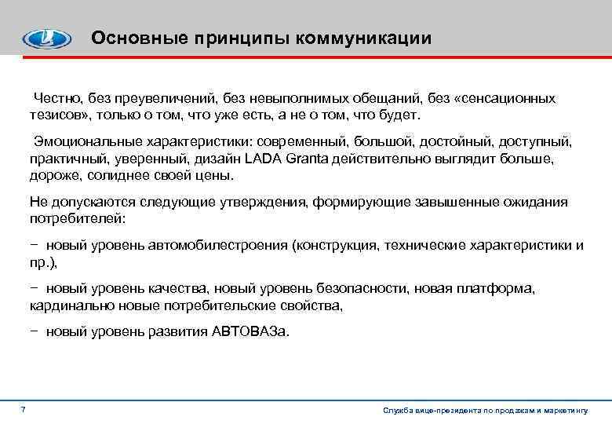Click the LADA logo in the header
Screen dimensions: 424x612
point(46,38)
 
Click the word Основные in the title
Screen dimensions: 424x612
point(128,38)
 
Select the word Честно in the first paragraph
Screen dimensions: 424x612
point(57,98)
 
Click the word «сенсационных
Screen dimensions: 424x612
point(508,98)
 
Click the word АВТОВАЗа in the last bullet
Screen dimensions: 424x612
point(250,331)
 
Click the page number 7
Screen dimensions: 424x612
point(24,410)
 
